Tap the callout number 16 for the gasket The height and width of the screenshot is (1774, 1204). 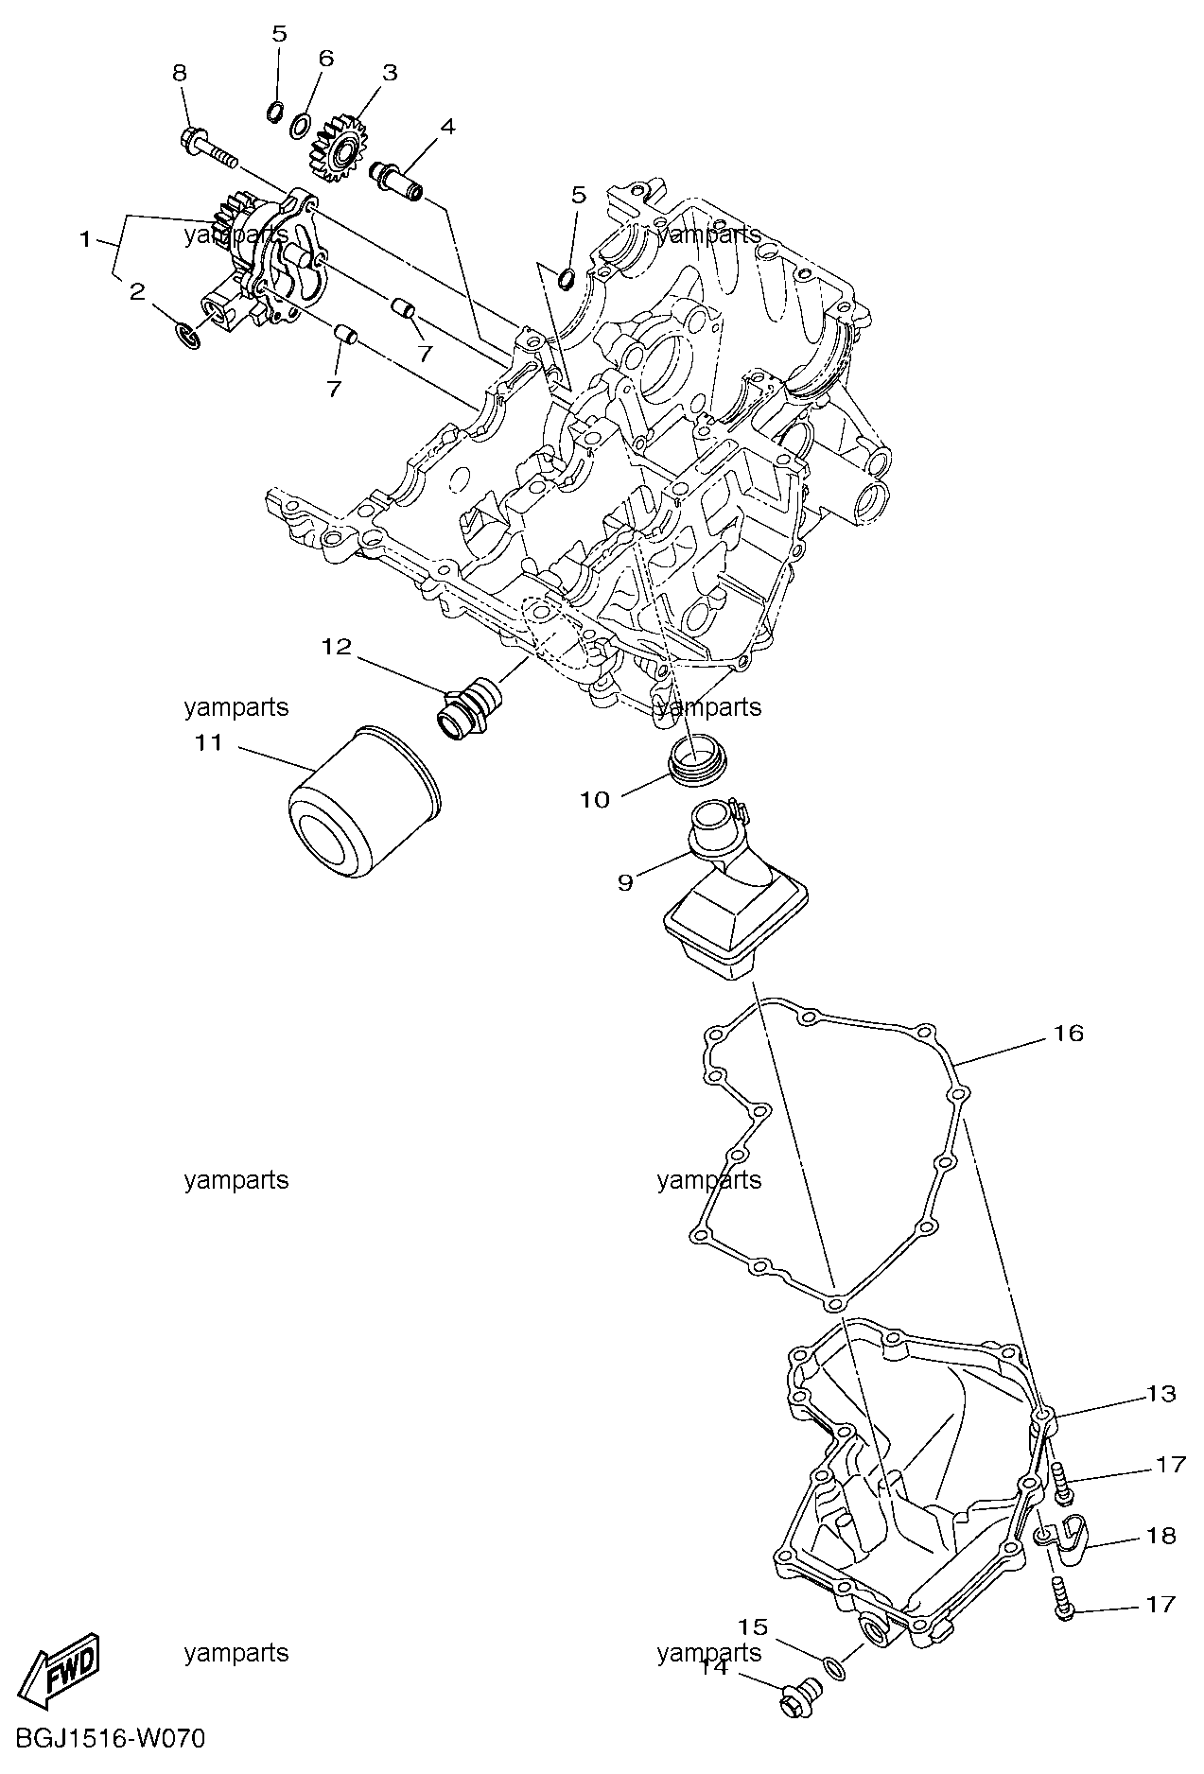click(x=1068, y=1034)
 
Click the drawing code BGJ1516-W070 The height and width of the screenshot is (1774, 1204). click(x=103, y=1737)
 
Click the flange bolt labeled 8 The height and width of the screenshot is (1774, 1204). click(x=206, y=148)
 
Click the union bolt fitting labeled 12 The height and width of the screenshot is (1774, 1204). click(x=469, y=708)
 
